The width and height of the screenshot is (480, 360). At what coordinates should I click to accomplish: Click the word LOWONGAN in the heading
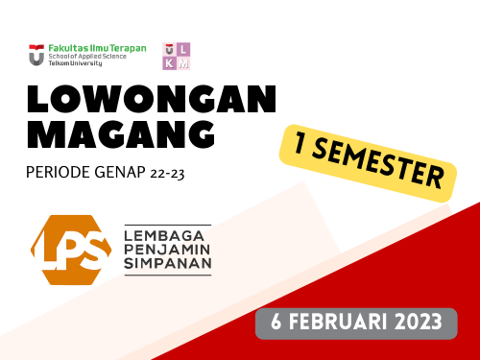152,99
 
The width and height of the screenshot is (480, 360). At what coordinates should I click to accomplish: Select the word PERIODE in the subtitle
58,176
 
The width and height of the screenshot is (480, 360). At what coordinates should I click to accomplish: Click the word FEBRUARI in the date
336,321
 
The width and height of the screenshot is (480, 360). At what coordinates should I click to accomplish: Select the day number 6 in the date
275,321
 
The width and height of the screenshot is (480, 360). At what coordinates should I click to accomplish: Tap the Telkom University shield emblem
36,55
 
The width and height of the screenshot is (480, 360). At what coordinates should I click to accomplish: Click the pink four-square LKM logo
177,56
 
